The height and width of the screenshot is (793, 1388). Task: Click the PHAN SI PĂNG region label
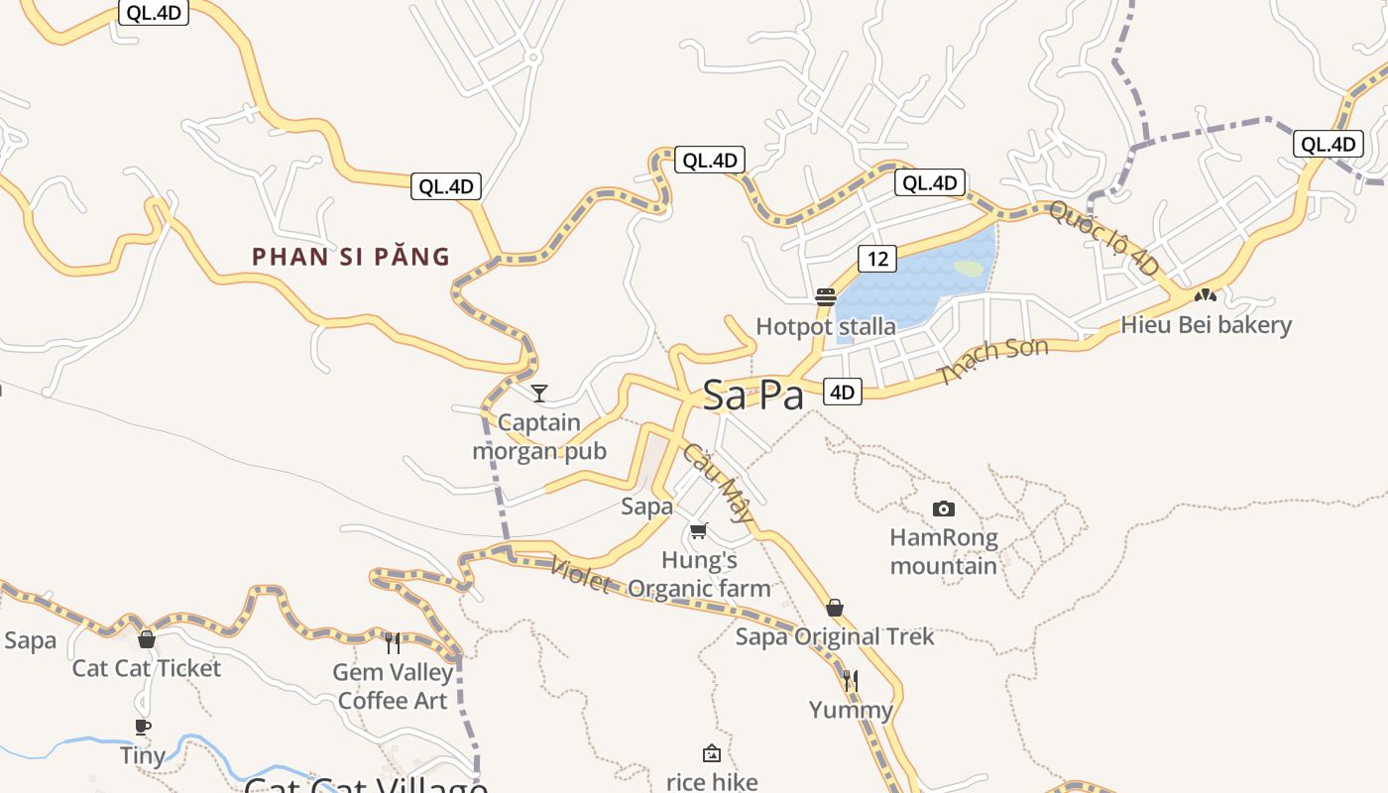tap(351, 257)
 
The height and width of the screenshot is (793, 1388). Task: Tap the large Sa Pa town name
tap(752, 396)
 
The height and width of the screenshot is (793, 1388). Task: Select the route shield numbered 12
tap(877, 259)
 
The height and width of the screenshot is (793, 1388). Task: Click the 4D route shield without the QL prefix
tap(842, 392)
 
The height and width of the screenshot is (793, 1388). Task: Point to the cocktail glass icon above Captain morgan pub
tap(539, 394)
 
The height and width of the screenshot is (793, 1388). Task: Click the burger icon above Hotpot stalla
tap(826, 297)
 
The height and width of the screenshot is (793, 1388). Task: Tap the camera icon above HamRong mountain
tap(944, 510)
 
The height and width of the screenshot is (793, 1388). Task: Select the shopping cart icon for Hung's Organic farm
tap(699, 531)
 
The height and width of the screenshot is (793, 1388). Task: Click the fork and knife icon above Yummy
tap(851, 681)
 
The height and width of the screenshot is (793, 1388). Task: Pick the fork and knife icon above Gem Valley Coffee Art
tap(394, 643)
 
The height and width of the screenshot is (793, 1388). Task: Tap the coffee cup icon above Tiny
tap(143, 727)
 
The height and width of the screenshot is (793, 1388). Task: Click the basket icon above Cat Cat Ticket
tap(147, 639)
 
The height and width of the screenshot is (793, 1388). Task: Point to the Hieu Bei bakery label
tap(1207, 325)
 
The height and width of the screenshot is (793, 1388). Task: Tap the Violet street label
tap(581, 575)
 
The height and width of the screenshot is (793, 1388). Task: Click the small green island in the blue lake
tap(969, 269)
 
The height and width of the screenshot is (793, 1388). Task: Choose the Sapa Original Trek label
tap(835, 636)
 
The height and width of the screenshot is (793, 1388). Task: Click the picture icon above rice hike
tap(711, 754)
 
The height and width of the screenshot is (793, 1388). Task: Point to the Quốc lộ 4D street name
tap(1103, 238)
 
